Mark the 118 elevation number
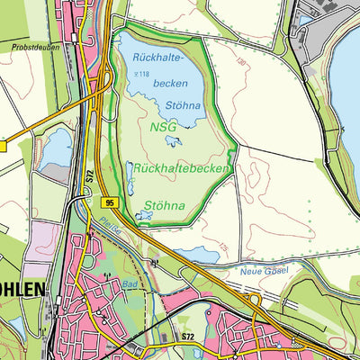(140, 72)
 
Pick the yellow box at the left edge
(3, 145)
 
